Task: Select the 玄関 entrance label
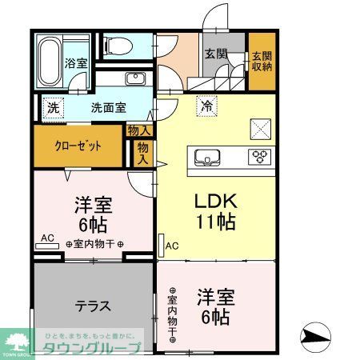click(215, 54)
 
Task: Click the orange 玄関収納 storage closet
click(262, 61)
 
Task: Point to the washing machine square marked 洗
click(53, 108)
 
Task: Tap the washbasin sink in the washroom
click(134, 79)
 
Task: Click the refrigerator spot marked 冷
click(207, 105)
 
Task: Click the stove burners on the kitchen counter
click(261, 155)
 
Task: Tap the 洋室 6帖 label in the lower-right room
click(217, 306)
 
